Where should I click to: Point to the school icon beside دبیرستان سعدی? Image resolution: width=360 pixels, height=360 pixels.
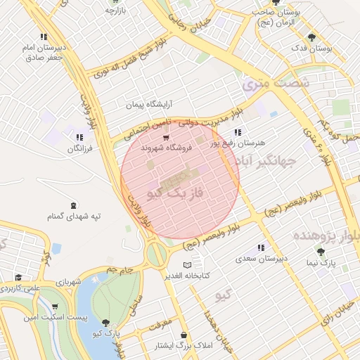tap(261, 247)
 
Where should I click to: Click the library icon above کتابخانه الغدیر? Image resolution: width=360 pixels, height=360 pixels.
tap(186, 264)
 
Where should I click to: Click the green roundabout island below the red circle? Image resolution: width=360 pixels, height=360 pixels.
tap(157, 252)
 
